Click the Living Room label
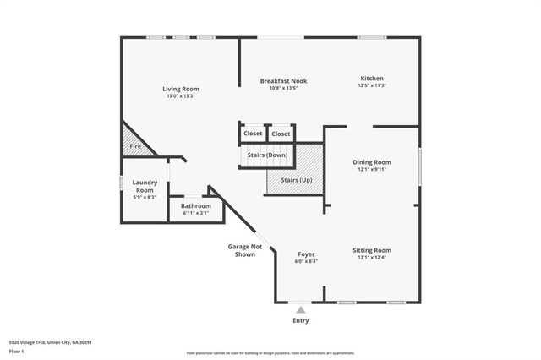point(180,89)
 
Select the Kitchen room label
point(372,78)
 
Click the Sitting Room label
point(372,250)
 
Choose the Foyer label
point(307,254)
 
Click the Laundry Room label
point(145,186)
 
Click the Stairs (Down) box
point(267,155)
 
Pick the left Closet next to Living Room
point(253,134)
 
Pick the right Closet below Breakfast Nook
point(281,134)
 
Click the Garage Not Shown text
point(245,250)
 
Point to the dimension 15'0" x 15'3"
point(180,96)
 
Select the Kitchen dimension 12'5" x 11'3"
point(372,85)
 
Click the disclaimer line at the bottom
point(270,353)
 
